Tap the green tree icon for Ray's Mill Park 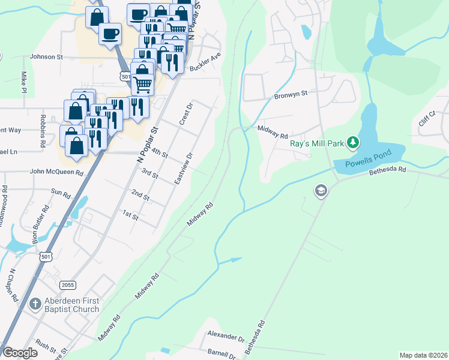click(x=355, y=142)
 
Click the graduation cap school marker click(x=321, y=191)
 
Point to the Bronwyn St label click(x=291, y=94)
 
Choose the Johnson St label click(x=46, y=58)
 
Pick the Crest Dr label click(x=185, y=114)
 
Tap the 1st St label click(x=130, y=215)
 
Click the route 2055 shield click(x=68, y=284)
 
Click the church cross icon click(x=35, y=305)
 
